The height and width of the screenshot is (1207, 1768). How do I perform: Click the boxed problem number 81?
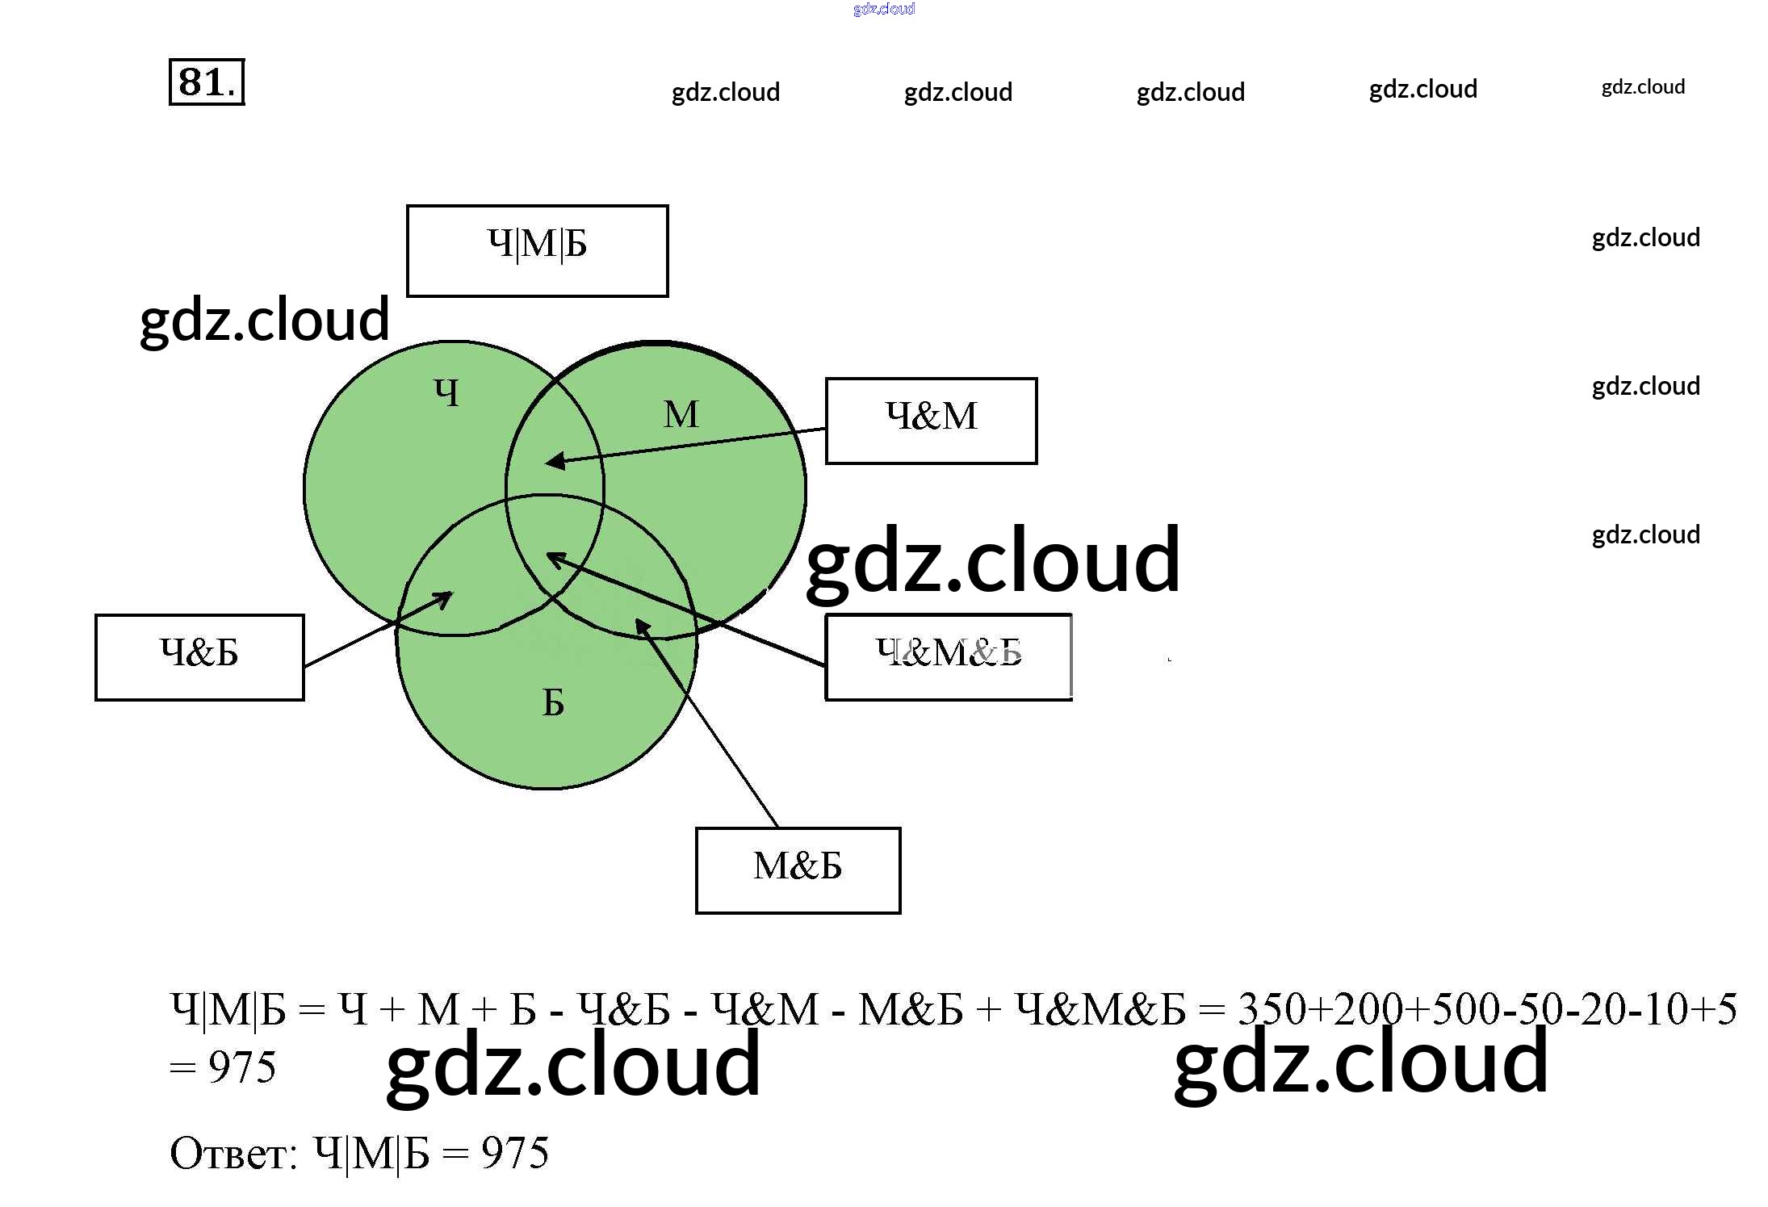point(207,82)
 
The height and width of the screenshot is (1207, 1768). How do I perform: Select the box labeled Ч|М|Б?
point(537,250)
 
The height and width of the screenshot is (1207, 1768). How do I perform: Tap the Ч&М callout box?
point(931,420)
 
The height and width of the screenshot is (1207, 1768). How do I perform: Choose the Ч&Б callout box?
point(199,656)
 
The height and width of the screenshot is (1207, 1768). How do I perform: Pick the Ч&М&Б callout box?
point(948,656)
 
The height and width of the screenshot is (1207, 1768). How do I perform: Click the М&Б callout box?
point(798,870)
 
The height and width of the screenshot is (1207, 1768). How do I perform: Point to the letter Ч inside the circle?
point(447,393)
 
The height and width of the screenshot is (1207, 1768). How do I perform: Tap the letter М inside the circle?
point(681,415)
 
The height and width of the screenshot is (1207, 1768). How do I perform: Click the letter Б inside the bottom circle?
point(553,702)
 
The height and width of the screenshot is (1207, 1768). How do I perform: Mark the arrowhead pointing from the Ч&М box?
point(554,462)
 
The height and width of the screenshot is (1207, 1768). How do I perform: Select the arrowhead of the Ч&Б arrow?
point(444,598)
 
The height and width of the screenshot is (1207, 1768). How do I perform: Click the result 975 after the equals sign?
point(242,1067)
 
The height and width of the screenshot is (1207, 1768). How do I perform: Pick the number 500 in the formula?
point(1466,1009)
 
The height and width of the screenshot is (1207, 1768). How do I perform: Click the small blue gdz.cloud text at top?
point(883,9)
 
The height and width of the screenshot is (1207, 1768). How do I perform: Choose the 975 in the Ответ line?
point(515,1153)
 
